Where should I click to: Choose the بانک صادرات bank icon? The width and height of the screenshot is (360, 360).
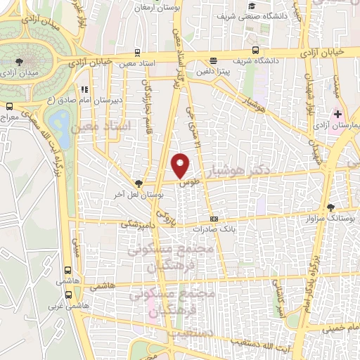pyautogui.click(x=214, y=219)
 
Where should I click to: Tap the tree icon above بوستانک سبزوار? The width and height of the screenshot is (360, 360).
pyautogui.click(x=331, y=207)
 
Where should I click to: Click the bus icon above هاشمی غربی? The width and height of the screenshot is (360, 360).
pyautogui.click(x=67, y=270)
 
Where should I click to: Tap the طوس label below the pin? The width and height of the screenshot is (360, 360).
pyautogui.click(x=186, y=182)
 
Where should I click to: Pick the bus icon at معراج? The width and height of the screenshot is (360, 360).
pyautogui.click(x=8, y=107)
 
